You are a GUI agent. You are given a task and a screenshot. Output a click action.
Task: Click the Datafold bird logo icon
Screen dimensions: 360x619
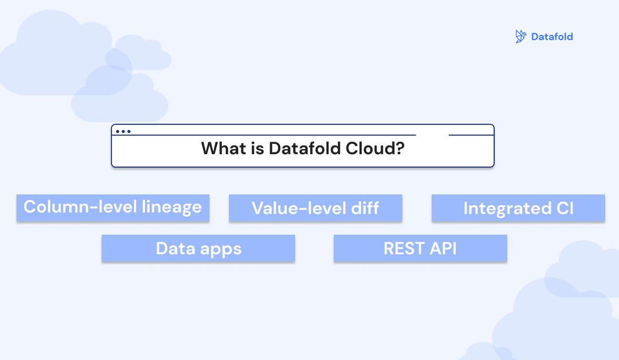[520, 37]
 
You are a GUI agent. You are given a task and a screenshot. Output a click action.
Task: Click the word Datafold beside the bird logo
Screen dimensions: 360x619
[552, 37]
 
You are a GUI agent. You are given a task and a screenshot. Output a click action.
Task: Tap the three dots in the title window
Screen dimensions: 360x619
[123, 131]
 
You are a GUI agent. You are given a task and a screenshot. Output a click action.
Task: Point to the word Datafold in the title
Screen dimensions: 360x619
[305, 149]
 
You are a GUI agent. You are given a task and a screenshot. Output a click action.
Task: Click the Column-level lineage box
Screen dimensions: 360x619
[112, 208]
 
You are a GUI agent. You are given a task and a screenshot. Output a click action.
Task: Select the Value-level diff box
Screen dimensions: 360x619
[315, 208]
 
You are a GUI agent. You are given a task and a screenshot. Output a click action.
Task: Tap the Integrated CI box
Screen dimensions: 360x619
[518, 208]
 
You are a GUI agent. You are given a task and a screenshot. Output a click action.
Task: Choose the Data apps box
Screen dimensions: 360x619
[198, 248]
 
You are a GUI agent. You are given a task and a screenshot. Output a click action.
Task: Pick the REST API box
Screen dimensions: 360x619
[420, 248]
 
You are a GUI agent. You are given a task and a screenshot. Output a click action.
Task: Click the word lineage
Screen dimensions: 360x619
[172, 207]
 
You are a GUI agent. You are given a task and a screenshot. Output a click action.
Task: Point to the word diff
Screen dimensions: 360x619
[365, 208]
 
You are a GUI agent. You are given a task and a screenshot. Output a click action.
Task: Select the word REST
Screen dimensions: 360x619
[403, 248]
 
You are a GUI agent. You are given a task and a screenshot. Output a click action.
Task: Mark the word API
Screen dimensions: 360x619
[444, 248]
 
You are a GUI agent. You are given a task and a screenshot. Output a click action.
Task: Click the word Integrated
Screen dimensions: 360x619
[501, 208]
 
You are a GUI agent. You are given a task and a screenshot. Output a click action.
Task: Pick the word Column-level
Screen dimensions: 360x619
[80, 207]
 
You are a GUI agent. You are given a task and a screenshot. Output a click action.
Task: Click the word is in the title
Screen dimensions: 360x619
[257, 149]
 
